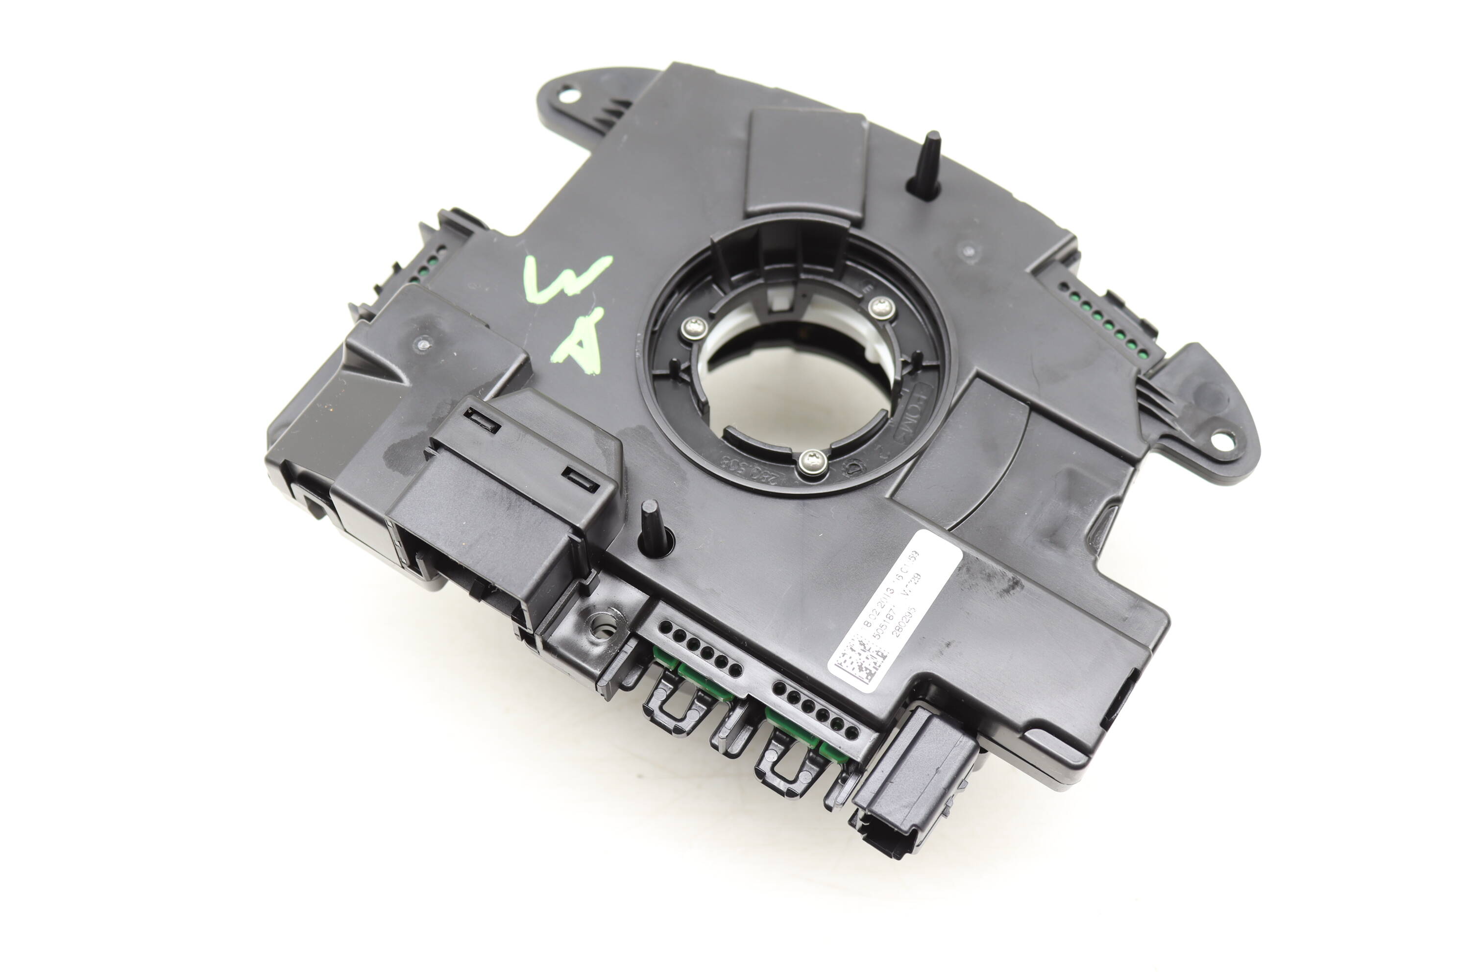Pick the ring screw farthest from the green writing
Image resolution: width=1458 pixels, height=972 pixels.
coord(880,308)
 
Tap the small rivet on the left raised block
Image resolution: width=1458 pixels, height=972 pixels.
coord(423,343)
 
